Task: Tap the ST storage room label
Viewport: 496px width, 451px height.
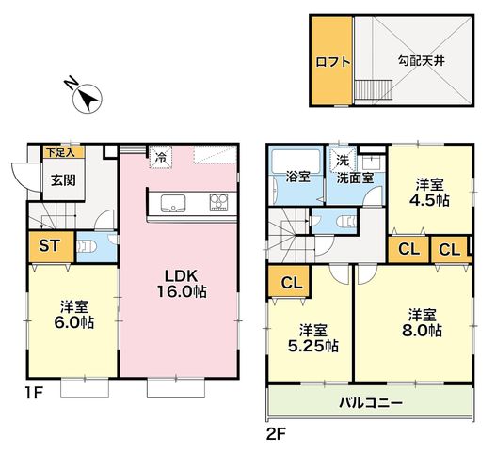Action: (x=50, y=246)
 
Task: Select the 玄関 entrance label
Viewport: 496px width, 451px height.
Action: (x=63, y=180)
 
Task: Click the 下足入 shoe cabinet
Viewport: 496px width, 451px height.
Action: (x=64, y=152)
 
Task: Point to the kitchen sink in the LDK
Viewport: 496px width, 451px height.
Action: (x=173, y=203)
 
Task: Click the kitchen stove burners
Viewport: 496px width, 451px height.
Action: (x=218, y=202)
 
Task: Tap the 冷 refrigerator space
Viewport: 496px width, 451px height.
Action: (x=161, y=157)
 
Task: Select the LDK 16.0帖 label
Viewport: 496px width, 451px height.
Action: (x=182, y=284)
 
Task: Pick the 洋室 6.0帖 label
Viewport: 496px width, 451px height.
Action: (x=73, y=315)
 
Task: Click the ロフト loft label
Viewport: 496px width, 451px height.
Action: (x=333, y=61)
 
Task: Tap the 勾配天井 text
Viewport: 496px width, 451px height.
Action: (x=421, y=60)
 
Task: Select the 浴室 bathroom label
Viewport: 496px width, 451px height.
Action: (x=297, y=178)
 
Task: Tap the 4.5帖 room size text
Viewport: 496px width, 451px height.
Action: (x=429, y=199)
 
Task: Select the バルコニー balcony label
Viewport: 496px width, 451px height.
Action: (x=371, y=403)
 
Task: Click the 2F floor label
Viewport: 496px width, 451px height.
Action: (x=276, y=436)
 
